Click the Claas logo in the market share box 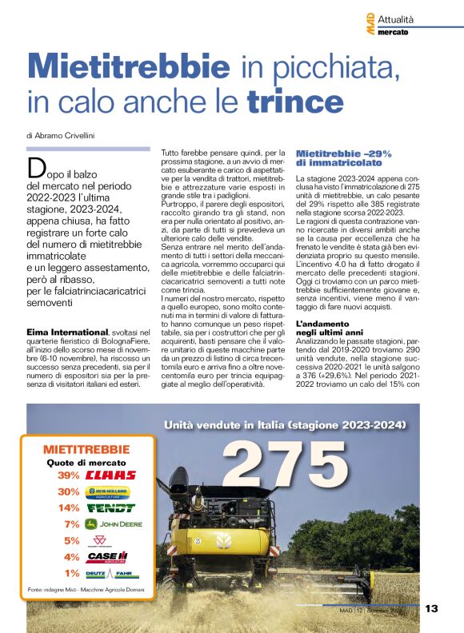point(110,475)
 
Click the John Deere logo point(110,524)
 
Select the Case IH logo point(107,557)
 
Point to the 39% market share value point(69,475)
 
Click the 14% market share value point(69,508)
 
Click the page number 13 point(431,609)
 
